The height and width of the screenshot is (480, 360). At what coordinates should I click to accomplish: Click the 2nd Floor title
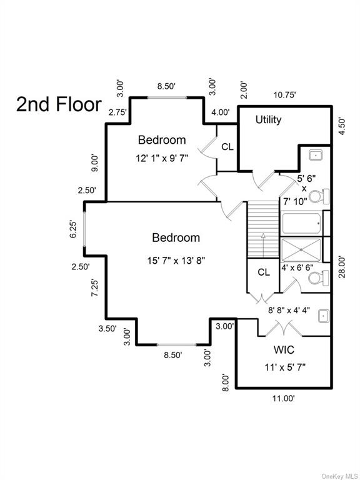point(59,104)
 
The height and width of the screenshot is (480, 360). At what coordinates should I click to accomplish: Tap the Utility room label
point(269,120)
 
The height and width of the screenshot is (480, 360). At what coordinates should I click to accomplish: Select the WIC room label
point(284,349)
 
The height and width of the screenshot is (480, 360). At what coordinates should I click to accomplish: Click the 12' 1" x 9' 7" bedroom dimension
point(162,159)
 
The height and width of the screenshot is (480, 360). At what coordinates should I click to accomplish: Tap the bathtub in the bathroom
point(301,224)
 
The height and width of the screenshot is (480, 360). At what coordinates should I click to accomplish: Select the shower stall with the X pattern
point(301,250)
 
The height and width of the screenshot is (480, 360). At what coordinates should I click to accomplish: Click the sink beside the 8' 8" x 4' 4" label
point(324,316)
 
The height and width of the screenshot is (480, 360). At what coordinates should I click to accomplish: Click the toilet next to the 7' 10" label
point(319,196)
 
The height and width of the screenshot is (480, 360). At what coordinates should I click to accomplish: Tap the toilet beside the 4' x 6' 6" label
point(319,278)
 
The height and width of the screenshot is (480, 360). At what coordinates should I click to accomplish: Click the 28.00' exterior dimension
point(342,267)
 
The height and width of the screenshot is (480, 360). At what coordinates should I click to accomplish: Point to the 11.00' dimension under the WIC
point(284,398)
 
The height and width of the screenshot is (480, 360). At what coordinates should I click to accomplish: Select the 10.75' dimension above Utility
point(284,95)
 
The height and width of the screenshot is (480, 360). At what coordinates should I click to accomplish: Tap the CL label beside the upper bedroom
point(227,147)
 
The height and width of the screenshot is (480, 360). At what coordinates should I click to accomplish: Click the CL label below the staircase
point(264,272)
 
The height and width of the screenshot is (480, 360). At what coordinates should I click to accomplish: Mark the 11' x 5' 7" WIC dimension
point(285,367)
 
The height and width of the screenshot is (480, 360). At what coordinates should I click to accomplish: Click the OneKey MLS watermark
point(340,476)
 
